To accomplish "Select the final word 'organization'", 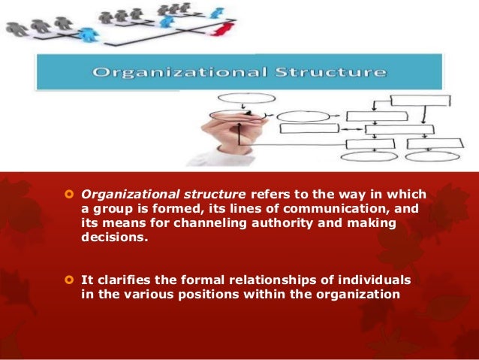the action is point(357,294).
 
